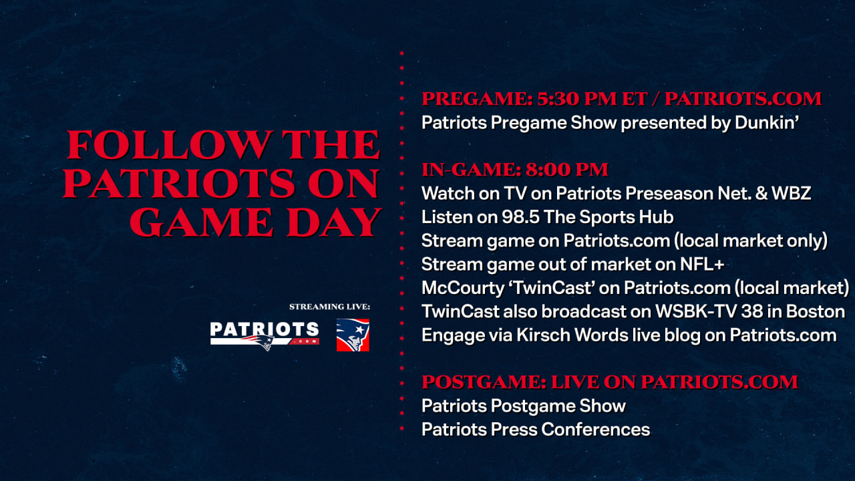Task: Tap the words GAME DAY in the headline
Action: coord(256,222)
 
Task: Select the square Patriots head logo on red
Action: coord(353,335)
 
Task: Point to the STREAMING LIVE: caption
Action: coord(329,307)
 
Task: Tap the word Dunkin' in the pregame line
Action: coord(767,123)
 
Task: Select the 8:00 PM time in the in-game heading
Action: coord(567,170)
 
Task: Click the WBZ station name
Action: coord(792,194)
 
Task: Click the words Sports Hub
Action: coord(627,217)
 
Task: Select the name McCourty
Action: coord(463,288)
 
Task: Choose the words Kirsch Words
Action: coord(572,335)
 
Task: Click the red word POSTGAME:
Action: coord(484,382)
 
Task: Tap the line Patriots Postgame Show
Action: coord(524,406)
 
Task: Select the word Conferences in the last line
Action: coord(595,430)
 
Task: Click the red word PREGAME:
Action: coord(477,99)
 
